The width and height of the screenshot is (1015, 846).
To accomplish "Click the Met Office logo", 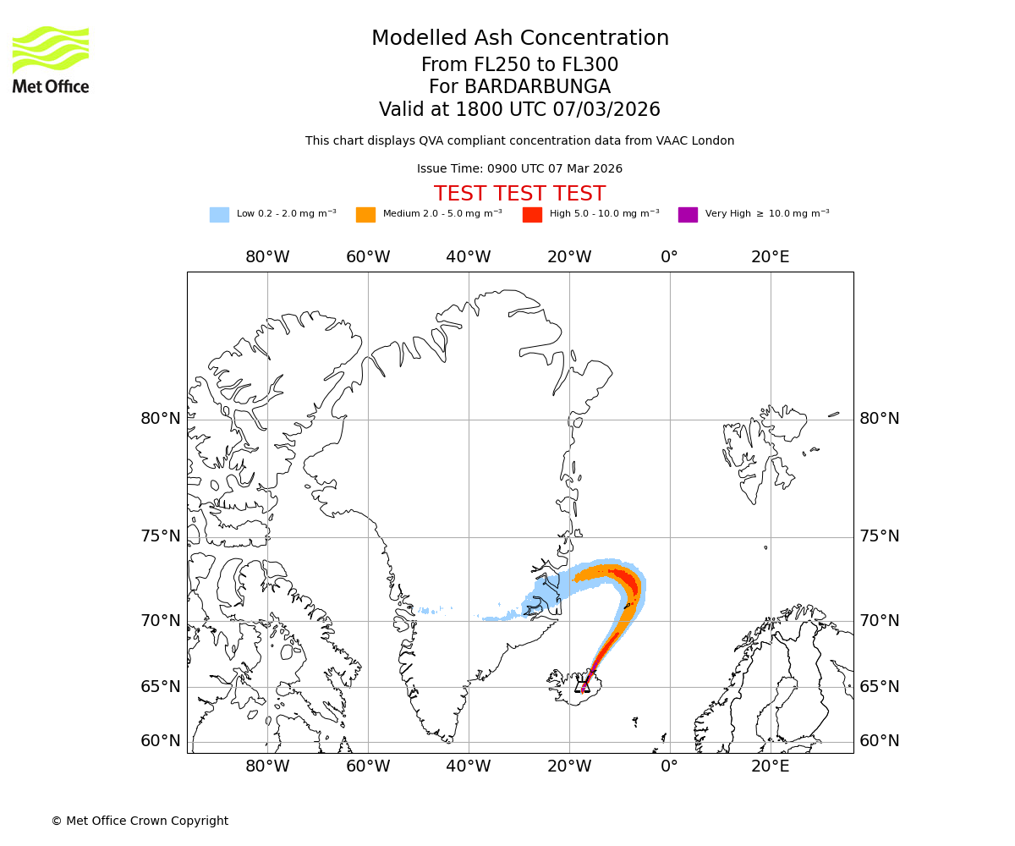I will [51, 59].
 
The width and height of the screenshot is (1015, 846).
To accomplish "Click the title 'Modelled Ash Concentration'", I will [519, 38].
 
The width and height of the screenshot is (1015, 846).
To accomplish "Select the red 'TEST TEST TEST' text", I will [519, 194].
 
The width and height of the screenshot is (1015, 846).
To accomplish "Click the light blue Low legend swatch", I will [219, 214].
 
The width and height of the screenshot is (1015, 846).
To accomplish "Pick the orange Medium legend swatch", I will [365, 214].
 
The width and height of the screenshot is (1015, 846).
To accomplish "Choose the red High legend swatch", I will [532, 214].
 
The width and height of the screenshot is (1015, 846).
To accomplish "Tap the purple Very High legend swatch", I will [688, 214].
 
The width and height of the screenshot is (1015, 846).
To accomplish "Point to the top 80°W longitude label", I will [267, 257].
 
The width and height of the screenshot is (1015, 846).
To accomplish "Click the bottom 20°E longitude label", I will [771, 766].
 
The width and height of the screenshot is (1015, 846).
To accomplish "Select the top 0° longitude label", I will [669, 257].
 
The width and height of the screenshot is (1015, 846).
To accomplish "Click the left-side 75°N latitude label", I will [161, 536].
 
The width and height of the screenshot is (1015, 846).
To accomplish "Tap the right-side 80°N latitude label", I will [880, 419].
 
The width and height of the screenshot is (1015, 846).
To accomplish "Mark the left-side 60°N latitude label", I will [161, 741].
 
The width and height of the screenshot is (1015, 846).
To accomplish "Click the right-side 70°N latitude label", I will [880, 621].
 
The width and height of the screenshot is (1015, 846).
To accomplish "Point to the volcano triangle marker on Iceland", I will [583, 685].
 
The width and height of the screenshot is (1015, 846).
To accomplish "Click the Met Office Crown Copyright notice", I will [140, 821].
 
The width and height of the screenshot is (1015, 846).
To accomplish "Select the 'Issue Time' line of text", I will [519, 168].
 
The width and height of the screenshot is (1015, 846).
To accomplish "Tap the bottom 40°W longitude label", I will [468, 766].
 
